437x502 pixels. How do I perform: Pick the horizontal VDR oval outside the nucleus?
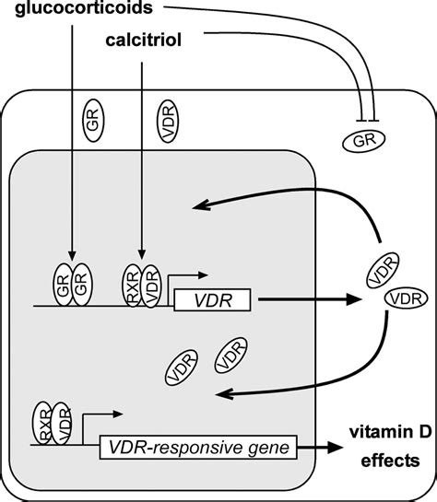click(404, 299)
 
